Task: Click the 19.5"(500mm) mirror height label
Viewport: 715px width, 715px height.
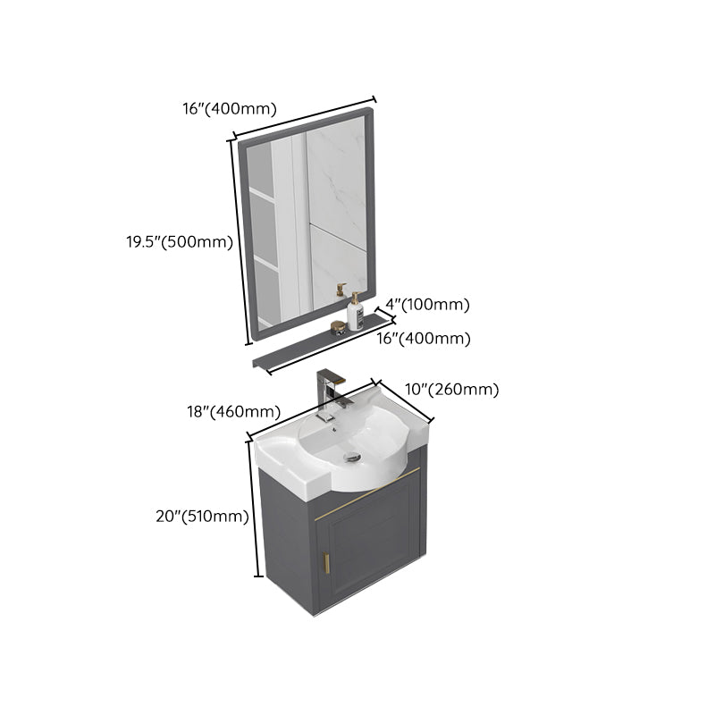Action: tap(180, 241)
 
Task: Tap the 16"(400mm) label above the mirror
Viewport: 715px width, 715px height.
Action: tap(229, 109)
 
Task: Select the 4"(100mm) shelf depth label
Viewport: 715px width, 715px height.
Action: tap(434, 305)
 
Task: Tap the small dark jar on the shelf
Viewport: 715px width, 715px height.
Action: tap(338, 326)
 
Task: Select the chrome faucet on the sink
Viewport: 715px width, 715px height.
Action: tap(329, 393)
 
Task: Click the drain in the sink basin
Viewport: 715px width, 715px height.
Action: tap(352, 456)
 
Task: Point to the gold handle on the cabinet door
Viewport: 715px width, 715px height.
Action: tap(326, 564)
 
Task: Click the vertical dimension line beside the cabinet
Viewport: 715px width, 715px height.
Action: tap(254, 509)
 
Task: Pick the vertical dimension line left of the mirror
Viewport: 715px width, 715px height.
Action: tap(240, 241)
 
